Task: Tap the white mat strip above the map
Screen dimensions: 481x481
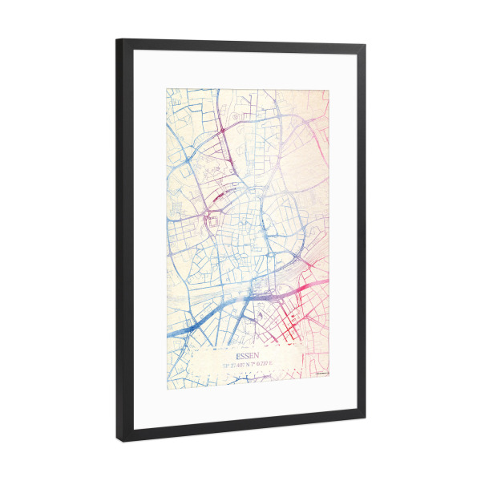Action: pos(240,67)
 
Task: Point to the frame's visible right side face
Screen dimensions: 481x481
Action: pos(363,240)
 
